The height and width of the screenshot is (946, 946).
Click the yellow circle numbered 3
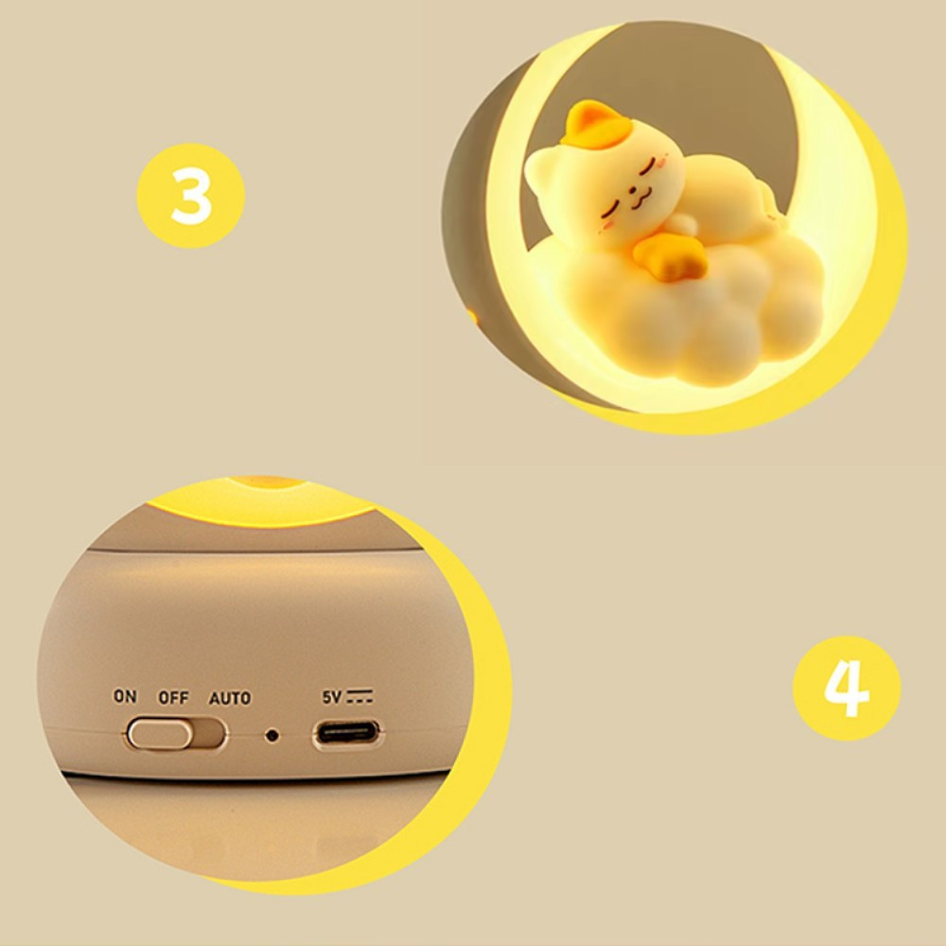(x=191, y=196)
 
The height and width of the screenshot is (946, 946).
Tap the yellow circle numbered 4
(x=847, y=688)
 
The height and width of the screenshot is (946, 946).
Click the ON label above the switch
(x=125, y=696)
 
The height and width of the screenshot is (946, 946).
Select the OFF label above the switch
(x=173, y=698)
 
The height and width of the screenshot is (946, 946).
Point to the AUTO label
(x=229, y=699)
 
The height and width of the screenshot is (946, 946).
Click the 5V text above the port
(x=331, y=697)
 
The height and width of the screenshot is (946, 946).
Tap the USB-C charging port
(x=347, y=734)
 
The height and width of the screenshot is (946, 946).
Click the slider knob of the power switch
(x=160, y=734)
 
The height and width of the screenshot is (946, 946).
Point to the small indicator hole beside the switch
(x=272, y=735)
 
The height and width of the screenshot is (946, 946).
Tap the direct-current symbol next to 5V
(x=359, y=696)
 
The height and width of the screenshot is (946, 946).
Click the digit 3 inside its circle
(x=191, y=196)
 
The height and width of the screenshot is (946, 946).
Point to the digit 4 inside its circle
(x=847, y=689)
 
